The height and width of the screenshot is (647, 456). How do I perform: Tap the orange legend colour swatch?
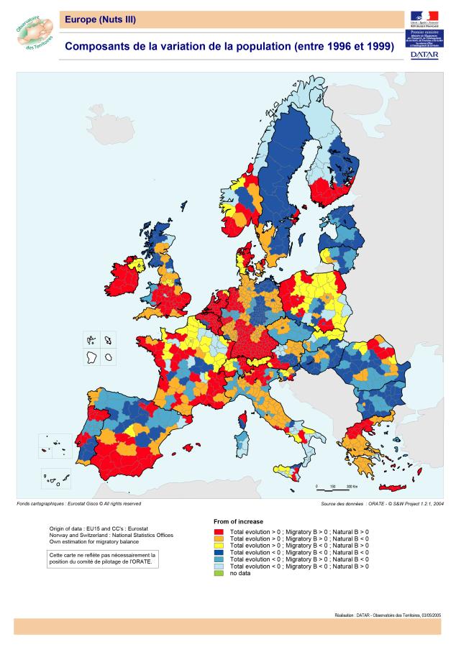pos(219,537)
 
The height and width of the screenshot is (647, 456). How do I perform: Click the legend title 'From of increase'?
pos(239,521)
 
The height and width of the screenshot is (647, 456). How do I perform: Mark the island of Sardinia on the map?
pos(242,441)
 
